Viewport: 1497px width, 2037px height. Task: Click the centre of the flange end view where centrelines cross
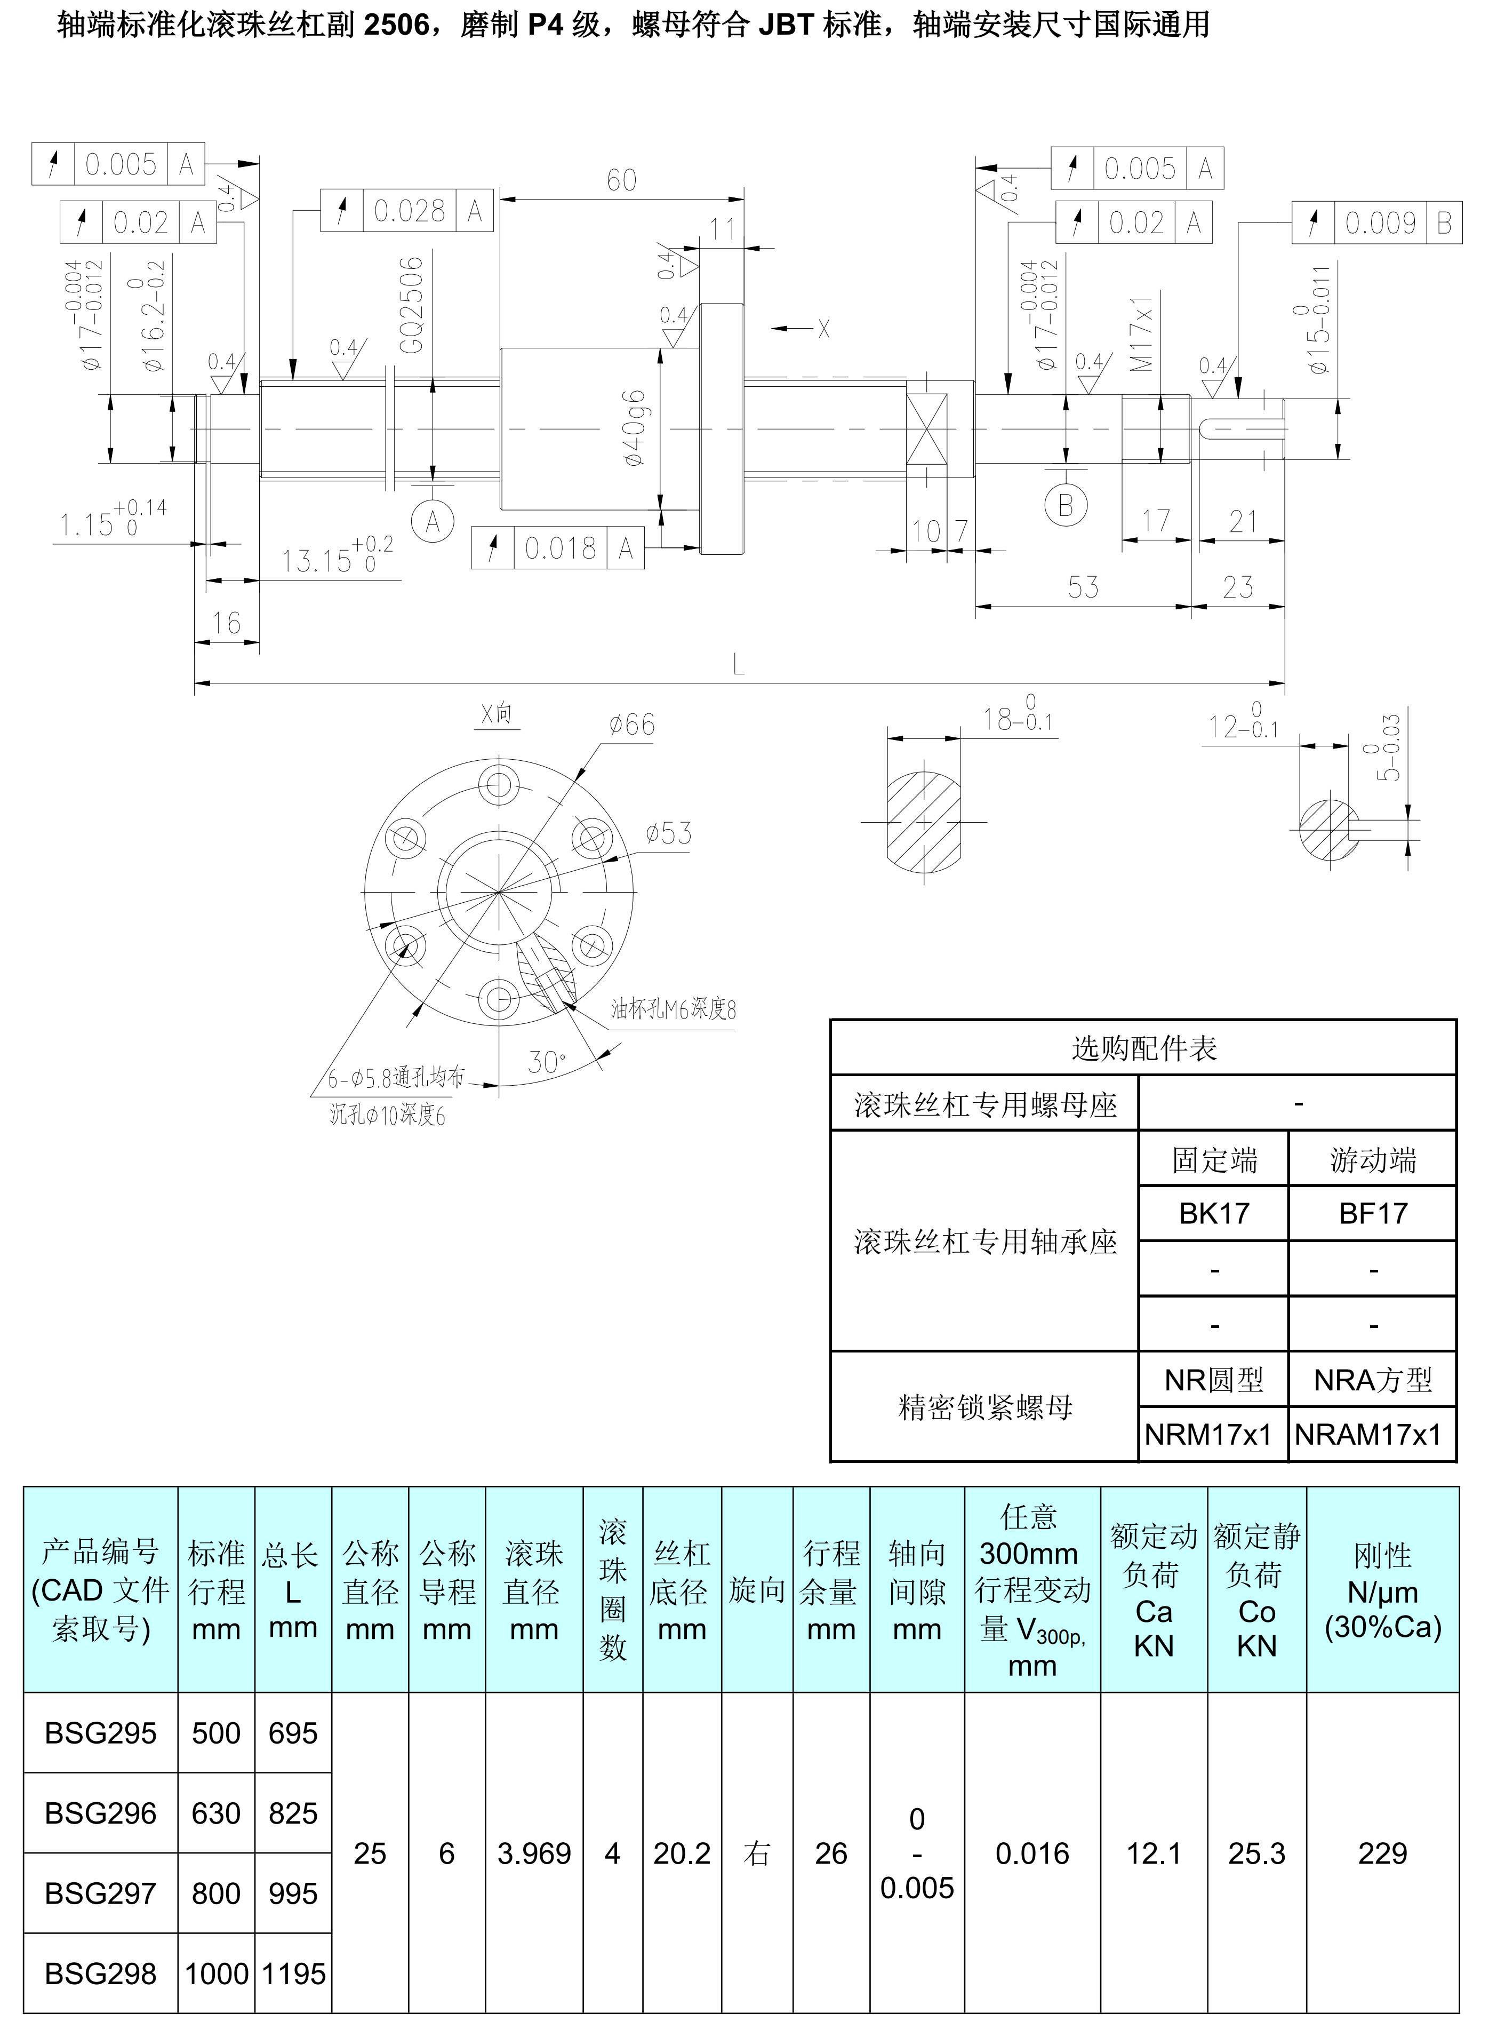click(x=499, y=893)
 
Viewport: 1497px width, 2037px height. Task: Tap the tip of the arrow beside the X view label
click(x=773, y=328)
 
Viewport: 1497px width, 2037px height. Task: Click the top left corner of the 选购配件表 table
click(x=831, y=1021)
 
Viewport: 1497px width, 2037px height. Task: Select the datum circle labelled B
click(x=1065, y=505)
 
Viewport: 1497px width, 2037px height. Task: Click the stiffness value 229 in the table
click(x=1382, y=1854)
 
